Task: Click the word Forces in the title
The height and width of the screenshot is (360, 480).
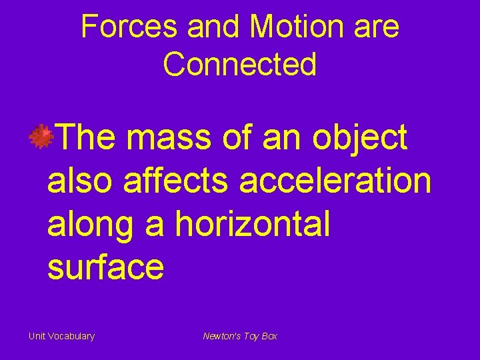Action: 129,27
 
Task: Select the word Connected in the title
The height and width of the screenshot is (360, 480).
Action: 239,65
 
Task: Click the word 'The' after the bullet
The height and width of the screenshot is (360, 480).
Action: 88,138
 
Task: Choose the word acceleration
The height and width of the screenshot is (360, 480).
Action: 335,181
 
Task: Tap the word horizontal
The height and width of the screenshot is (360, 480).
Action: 252,223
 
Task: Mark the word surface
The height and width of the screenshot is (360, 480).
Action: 105,266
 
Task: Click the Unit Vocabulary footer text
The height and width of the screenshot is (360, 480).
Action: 61,336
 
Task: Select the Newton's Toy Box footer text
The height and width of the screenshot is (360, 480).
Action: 240,336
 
